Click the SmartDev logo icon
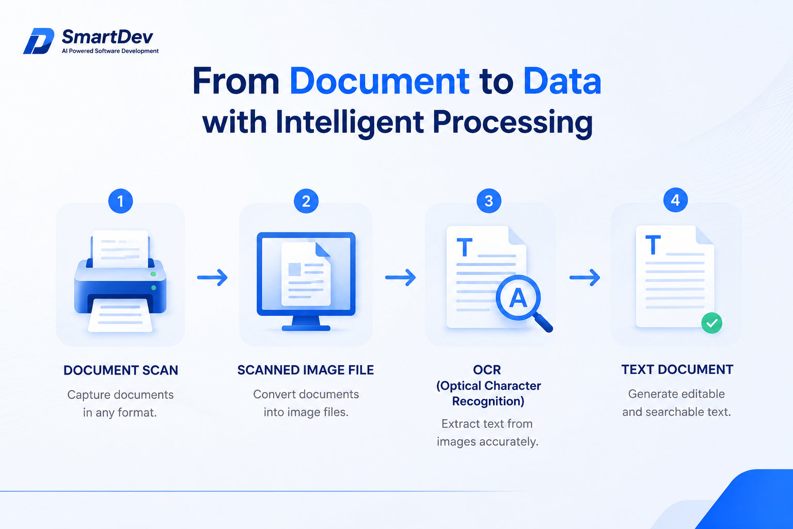39,41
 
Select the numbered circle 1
121,201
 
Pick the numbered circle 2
306,201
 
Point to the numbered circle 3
489,200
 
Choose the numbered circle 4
675,200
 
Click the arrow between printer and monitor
212,277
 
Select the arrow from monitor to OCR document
401,277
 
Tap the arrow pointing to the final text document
585,277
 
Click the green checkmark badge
711,323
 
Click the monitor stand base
306,328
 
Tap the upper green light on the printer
153,274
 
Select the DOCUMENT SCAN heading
121,370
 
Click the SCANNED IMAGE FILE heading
306,370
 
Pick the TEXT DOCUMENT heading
677,369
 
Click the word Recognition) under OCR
488,401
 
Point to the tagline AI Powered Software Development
110,51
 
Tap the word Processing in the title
512,122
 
